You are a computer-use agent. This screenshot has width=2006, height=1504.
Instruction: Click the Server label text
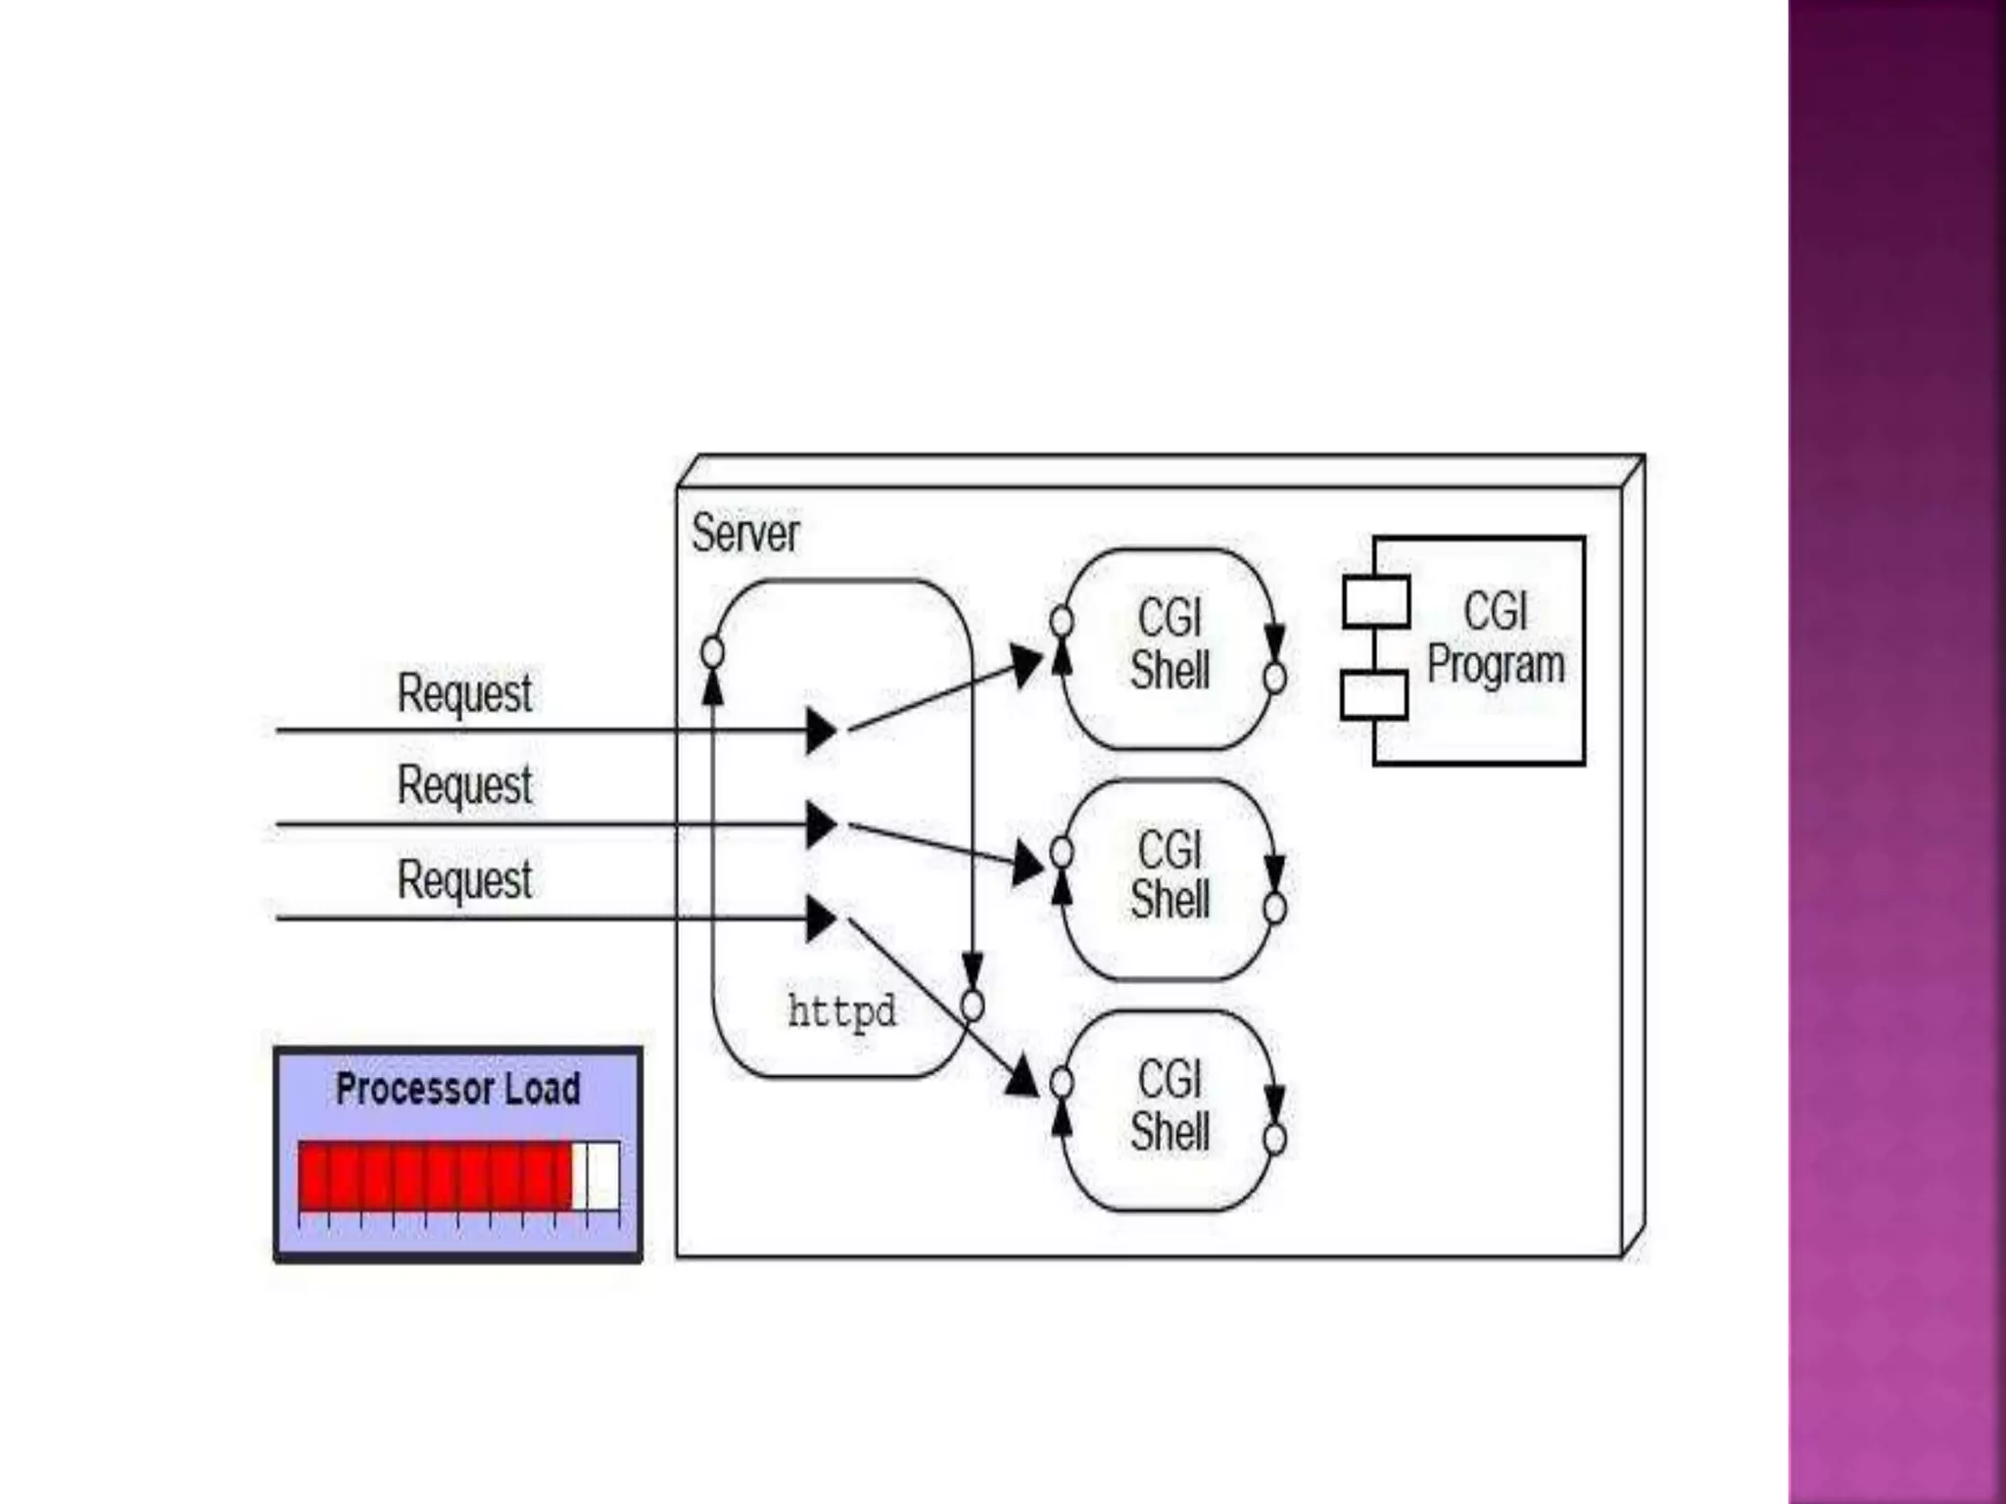744,534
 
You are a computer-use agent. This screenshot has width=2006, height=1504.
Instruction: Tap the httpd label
841,1010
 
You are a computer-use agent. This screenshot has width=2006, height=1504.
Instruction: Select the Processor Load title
457,1089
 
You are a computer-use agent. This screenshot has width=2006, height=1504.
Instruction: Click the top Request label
464,693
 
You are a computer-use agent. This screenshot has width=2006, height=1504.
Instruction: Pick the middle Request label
464,785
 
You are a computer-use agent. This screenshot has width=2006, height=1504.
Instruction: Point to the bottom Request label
464,878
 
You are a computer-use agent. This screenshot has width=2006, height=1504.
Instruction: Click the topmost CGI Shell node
1170,646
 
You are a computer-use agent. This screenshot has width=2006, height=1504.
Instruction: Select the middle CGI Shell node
1170,876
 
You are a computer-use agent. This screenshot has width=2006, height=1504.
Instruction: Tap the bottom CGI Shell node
1170,1107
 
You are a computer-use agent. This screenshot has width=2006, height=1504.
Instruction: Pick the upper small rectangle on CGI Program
1375,602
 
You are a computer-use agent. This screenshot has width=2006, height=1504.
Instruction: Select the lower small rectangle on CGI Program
1374,695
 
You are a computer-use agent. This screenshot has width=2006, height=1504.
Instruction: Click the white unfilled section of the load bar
597,1175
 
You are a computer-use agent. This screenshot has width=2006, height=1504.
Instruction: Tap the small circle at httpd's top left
713,652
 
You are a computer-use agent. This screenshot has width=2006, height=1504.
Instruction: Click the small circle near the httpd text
972,1006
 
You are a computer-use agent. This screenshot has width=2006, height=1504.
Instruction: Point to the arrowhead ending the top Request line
821,731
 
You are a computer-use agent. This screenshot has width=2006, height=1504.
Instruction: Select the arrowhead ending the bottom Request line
821,919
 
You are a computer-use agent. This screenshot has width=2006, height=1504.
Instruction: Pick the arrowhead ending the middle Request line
821,824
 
